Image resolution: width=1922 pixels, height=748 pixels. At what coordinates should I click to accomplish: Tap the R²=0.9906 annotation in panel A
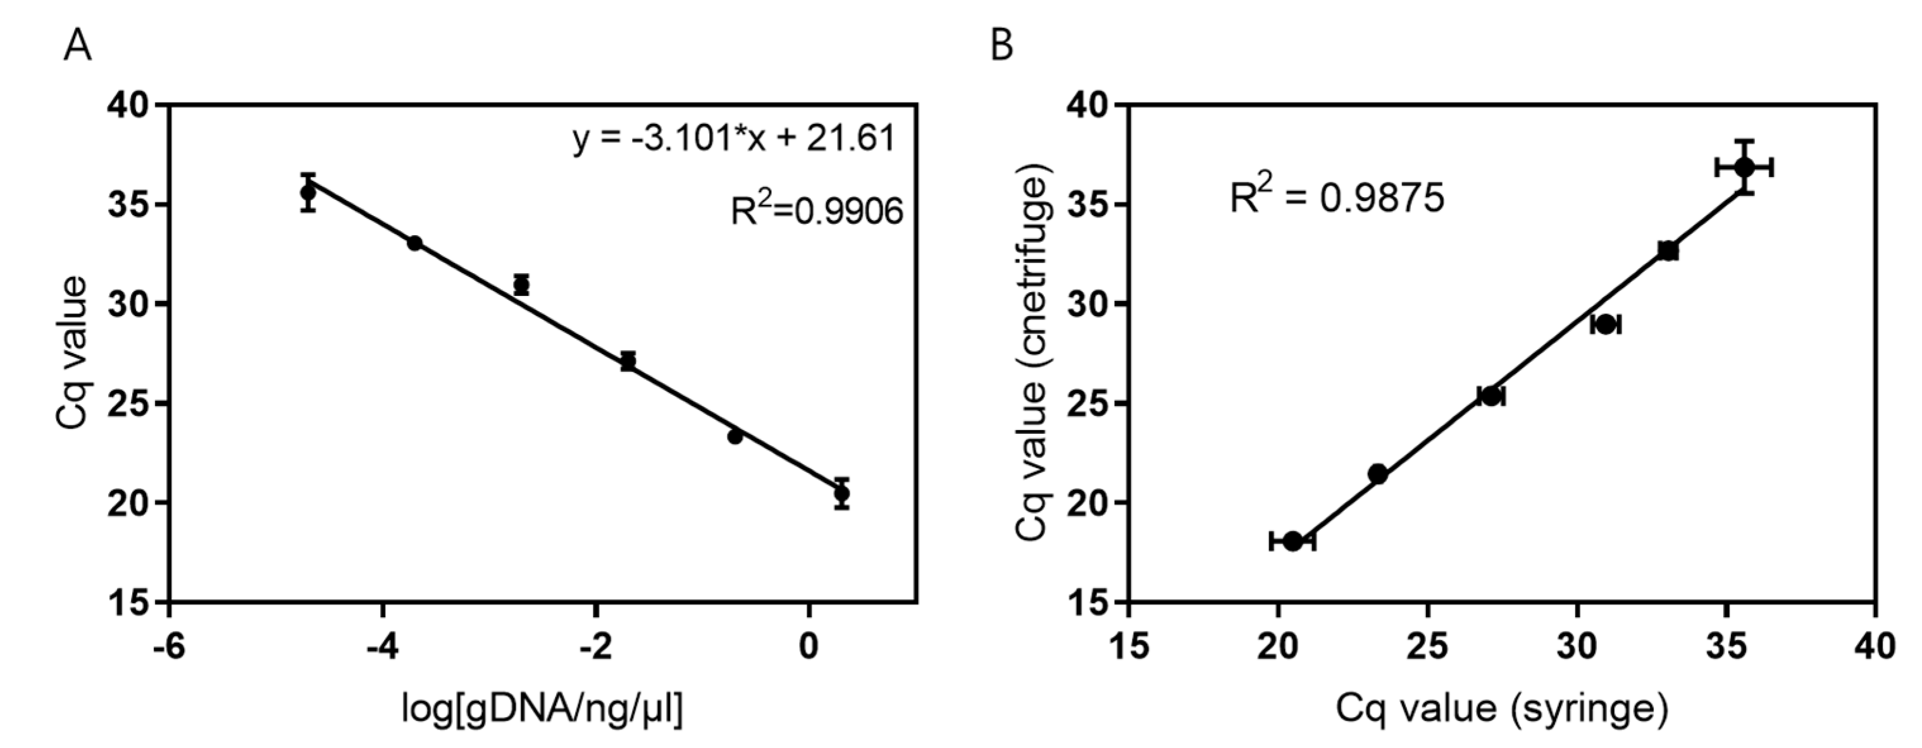816,212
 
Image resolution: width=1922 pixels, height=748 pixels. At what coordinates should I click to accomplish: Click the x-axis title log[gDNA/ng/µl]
542,709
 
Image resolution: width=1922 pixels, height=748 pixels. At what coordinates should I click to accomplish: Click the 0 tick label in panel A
809,646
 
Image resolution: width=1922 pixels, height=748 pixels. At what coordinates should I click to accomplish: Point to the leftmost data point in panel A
307,193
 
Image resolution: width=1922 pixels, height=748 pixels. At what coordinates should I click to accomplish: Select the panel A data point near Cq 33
415,243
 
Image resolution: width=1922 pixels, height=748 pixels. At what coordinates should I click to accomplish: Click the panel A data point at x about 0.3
841,493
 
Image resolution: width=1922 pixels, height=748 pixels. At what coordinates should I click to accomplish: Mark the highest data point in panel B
1744,167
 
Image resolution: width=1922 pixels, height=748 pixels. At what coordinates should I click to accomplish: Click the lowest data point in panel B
1293,541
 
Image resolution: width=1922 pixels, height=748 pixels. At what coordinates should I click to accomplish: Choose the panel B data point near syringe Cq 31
1606,324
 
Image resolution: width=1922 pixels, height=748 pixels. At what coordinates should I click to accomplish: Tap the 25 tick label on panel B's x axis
1427,646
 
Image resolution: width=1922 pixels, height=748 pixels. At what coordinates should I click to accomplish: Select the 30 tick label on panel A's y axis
130,304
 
